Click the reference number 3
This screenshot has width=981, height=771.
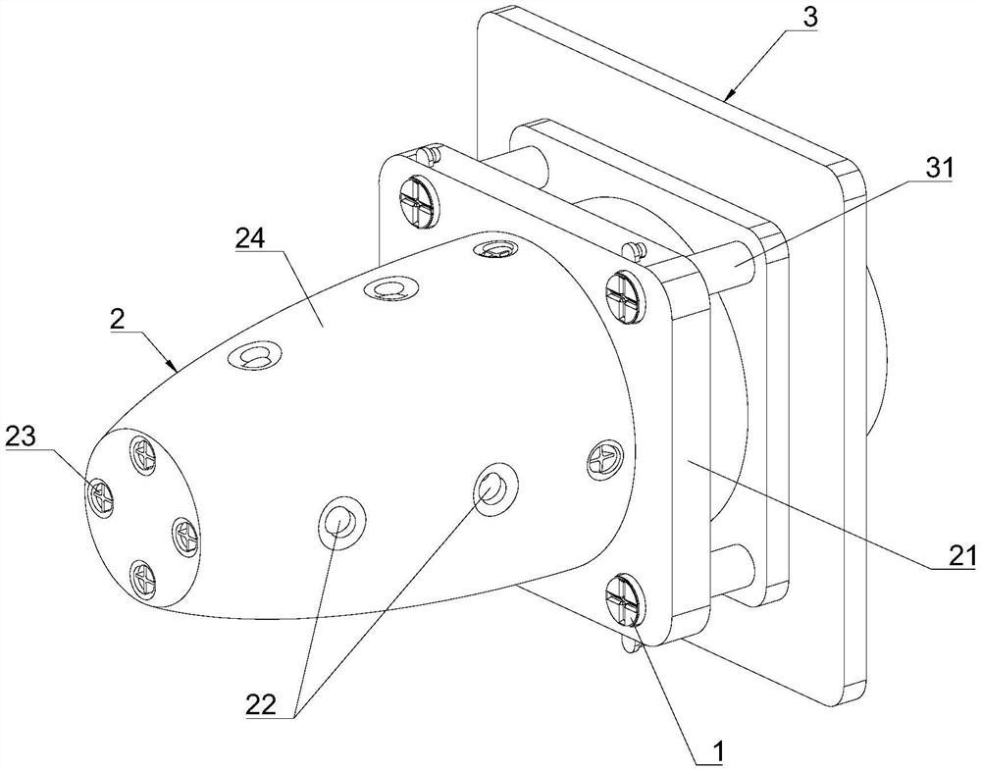[810, 17]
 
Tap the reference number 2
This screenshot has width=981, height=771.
[117, 321]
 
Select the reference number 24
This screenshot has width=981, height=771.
[251, 238]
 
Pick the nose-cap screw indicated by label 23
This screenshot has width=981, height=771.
[100, 494]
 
